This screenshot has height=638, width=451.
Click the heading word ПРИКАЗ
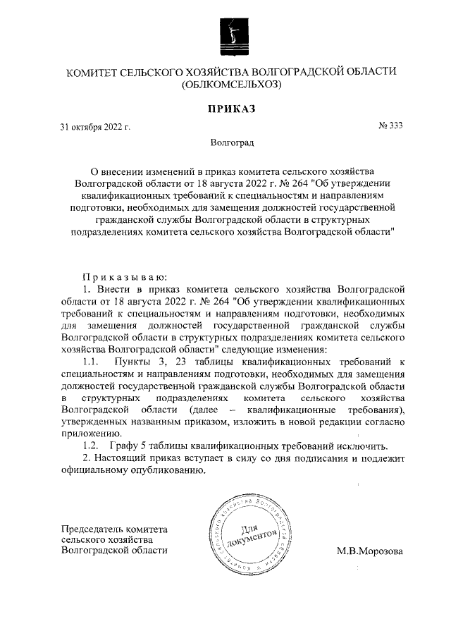tap(230, 109)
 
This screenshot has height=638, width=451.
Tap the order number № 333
tap(391, 126)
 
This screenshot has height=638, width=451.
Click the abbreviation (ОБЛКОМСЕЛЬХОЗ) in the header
tap(231, 85)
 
